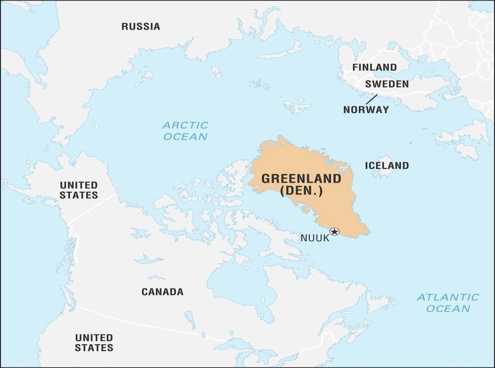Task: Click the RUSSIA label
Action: point(140,26)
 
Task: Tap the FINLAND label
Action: point(375,67)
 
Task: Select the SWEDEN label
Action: point(387,84)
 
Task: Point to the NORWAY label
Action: point(366,110)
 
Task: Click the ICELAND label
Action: point(387,165)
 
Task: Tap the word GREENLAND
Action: point(301,178)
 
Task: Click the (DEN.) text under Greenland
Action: point(301,192)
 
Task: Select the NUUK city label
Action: point(315,238)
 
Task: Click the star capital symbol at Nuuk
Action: point(334,232)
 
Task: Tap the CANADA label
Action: point(163,292)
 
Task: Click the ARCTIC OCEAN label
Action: point(185,131)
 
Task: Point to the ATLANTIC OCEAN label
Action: point(448,303)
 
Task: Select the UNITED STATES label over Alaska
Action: point(78,190)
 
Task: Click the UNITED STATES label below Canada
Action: point(94,342)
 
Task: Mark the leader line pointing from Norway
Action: point(371,98)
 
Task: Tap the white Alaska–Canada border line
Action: point(92,208)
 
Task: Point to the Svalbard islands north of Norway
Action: point(297,105)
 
